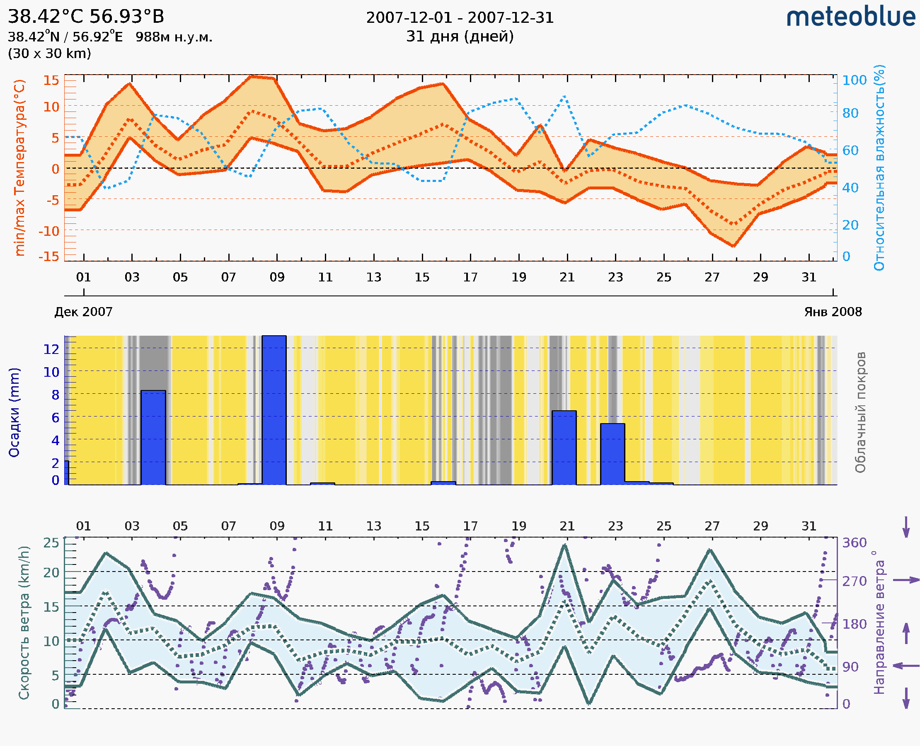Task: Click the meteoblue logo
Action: pos(850,17)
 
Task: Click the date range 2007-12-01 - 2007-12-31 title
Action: pos(460,18)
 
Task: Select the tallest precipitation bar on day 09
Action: pos(274,410)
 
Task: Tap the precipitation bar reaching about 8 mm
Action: pos(153,438)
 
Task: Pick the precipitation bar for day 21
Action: pos(564,448)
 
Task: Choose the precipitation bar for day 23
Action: pos(613,454)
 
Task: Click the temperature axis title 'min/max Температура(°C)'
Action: pos(19,167)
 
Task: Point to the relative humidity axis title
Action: pos(879,167)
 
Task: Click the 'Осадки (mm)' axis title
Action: pos(14,412)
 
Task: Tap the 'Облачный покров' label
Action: pos(860,412)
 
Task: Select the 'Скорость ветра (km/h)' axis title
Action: pos(24,622)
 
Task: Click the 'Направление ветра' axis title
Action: pos(879,622)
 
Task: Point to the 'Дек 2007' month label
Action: pos(83,312)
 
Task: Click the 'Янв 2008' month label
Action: pos(833,312)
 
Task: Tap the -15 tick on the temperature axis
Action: pos(48,257)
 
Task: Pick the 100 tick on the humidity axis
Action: pos(854,80)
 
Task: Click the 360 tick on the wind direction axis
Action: pos(854,543)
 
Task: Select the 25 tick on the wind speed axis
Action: pos(51,543)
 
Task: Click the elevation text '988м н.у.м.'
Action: pos(174,37)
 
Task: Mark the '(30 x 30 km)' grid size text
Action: pos(49,54)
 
